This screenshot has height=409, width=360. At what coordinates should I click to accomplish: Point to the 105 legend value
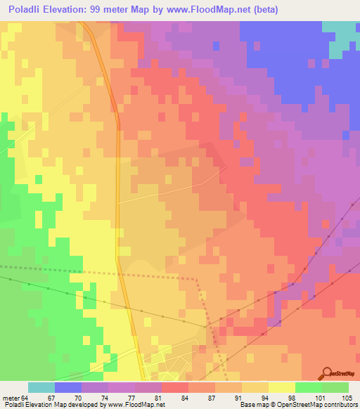345,398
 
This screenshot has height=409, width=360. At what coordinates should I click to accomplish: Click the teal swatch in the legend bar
41,387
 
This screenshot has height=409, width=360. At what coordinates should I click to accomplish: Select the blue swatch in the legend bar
68,387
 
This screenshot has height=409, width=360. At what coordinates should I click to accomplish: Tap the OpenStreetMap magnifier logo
328,373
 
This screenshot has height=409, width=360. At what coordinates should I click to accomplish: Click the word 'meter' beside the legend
12,398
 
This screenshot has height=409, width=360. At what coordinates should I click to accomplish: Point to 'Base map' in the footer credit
253,405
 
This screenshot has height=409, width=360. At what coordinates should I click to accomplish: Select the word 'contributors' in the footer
340,405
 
